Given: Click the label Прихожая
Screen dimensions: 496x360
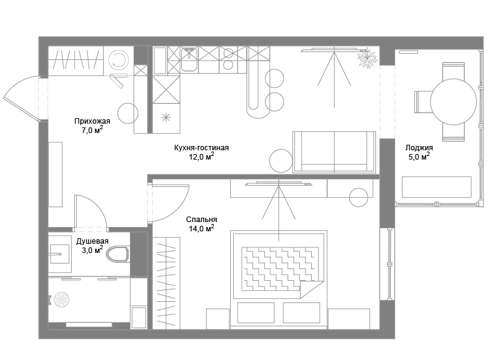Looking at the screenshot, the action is click(92, 121).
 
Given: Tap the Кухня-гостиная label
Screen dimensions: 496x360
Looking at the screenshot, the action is click(201, 148).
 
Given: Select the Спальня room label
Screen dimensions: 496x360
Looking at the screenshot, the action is click(202, 220).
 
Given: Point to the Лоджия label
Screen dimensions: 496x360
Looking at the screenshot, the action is click(419, 148).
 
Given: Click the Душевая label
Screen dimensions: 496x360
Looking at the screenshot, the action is click(92, 241).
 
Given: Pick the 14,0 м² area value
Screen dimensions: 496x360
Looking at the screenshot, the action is click(202, 228).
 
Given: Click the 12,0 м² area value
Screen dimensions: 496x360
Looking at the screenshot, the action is click(202, 156).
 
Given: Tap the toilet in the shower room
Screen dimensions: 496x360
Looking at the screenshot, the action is click(118, 254).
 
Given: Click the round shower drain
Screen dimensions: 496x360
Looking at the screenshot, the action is click(62, 299).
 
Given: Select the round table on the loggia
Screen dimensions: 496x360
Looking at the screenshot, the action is click(453, 102).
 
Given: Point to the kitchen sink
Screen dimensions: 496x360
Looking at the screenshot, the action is click(189, 59).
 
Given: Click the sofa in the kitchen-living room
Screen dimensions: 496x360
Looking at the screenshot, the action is click(335, 152).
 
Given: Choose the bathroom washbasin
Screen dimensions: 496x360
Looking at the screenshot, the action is click(59, 254).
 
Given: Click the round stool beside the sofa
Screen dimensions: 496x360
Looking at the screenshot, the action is click(281, 161).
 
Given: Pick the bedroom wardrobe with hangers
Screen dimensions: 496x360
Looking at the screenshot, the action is click(166, 283).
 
